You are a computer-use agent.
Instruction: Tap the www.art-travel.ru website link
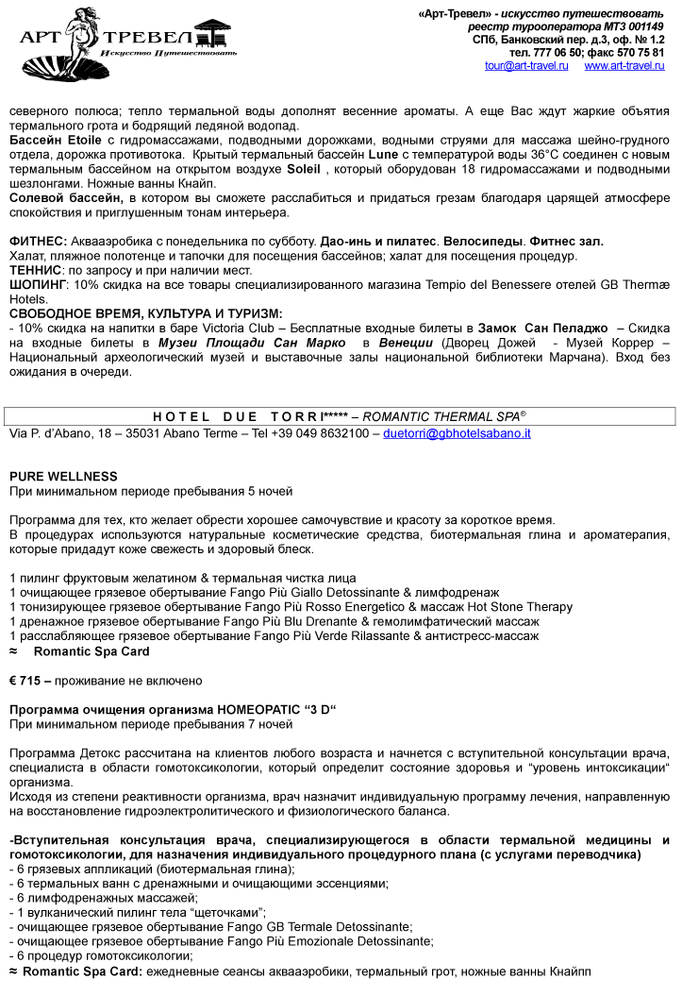click(x=624, y=66)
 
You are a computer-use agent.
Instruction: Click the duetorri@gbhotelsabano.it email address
click(x=457, y=433)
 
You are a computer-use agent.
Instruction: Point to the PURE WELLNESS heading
click(x=63, y=477)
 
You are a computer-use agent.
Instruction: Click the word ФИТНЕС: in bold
click(x=38, y=242)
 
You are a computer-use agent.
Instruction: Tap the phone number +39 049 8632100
click(x=324, y=433)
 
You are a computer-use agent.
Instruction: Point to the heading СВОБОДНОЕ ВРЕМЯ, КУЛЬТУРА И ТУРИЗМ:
click(x=145, y=313)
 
